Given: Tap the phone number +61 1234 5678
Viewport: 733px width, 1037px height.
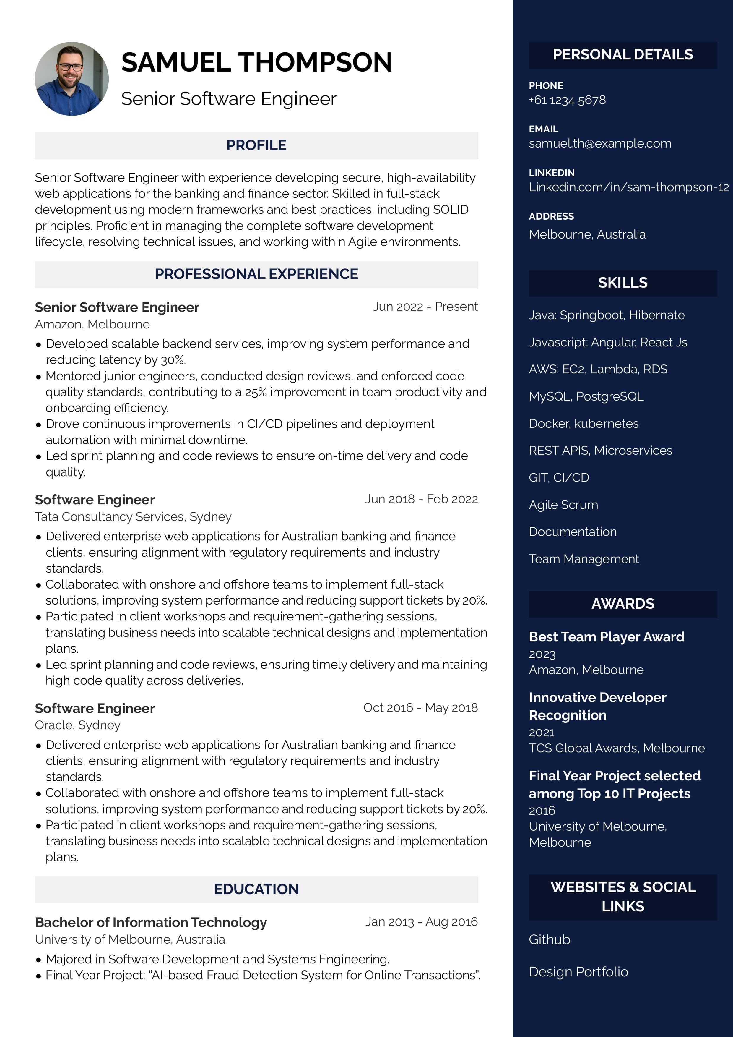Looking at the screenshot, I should click(567, 100).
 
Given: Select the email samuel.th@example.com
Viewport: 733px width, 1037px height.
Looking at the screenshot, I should click(600, 144).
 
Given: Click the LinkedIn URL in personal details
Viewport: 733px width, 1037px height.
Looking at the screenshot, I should click(628, 187).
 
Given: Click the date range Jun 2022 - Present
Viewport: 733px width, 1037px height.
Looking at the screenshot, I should click(425, 307).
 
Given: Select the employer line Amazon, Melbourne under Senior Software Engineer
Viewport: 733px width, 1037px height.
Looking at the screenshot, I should click(92, 324).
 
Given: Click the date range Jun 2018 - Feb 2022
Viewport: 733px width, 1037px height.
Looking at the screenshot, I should click(421, 499).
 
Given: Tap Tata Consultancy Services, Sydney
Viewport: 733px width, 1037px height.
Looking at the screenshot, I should click(133, 517).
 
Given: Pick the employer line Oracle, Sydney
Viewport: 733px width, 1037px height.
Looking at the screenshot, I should click(78, 725).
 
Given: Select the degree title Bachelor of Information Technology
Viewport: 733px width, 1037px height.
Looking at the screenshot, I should click(151, 922).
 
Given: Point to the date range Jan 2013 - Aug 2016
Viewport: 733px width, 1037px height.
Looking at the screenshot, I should click(421, 922).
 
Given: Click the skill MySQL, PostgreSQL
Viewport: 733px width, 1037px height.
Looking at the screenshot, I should click(586, 396).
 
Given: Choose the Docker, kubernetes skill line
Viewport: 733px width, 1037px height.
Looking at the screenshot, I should click(584, 424).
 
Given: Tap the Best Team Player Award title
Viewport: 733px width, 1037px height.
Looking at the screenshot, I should click(606, 637).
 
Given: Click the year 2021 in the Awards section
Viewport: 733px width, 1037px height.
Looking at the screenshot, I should click(542, 733).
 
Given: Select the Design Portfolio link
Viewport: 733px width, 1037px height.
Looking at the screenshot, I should click(578, 972).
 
